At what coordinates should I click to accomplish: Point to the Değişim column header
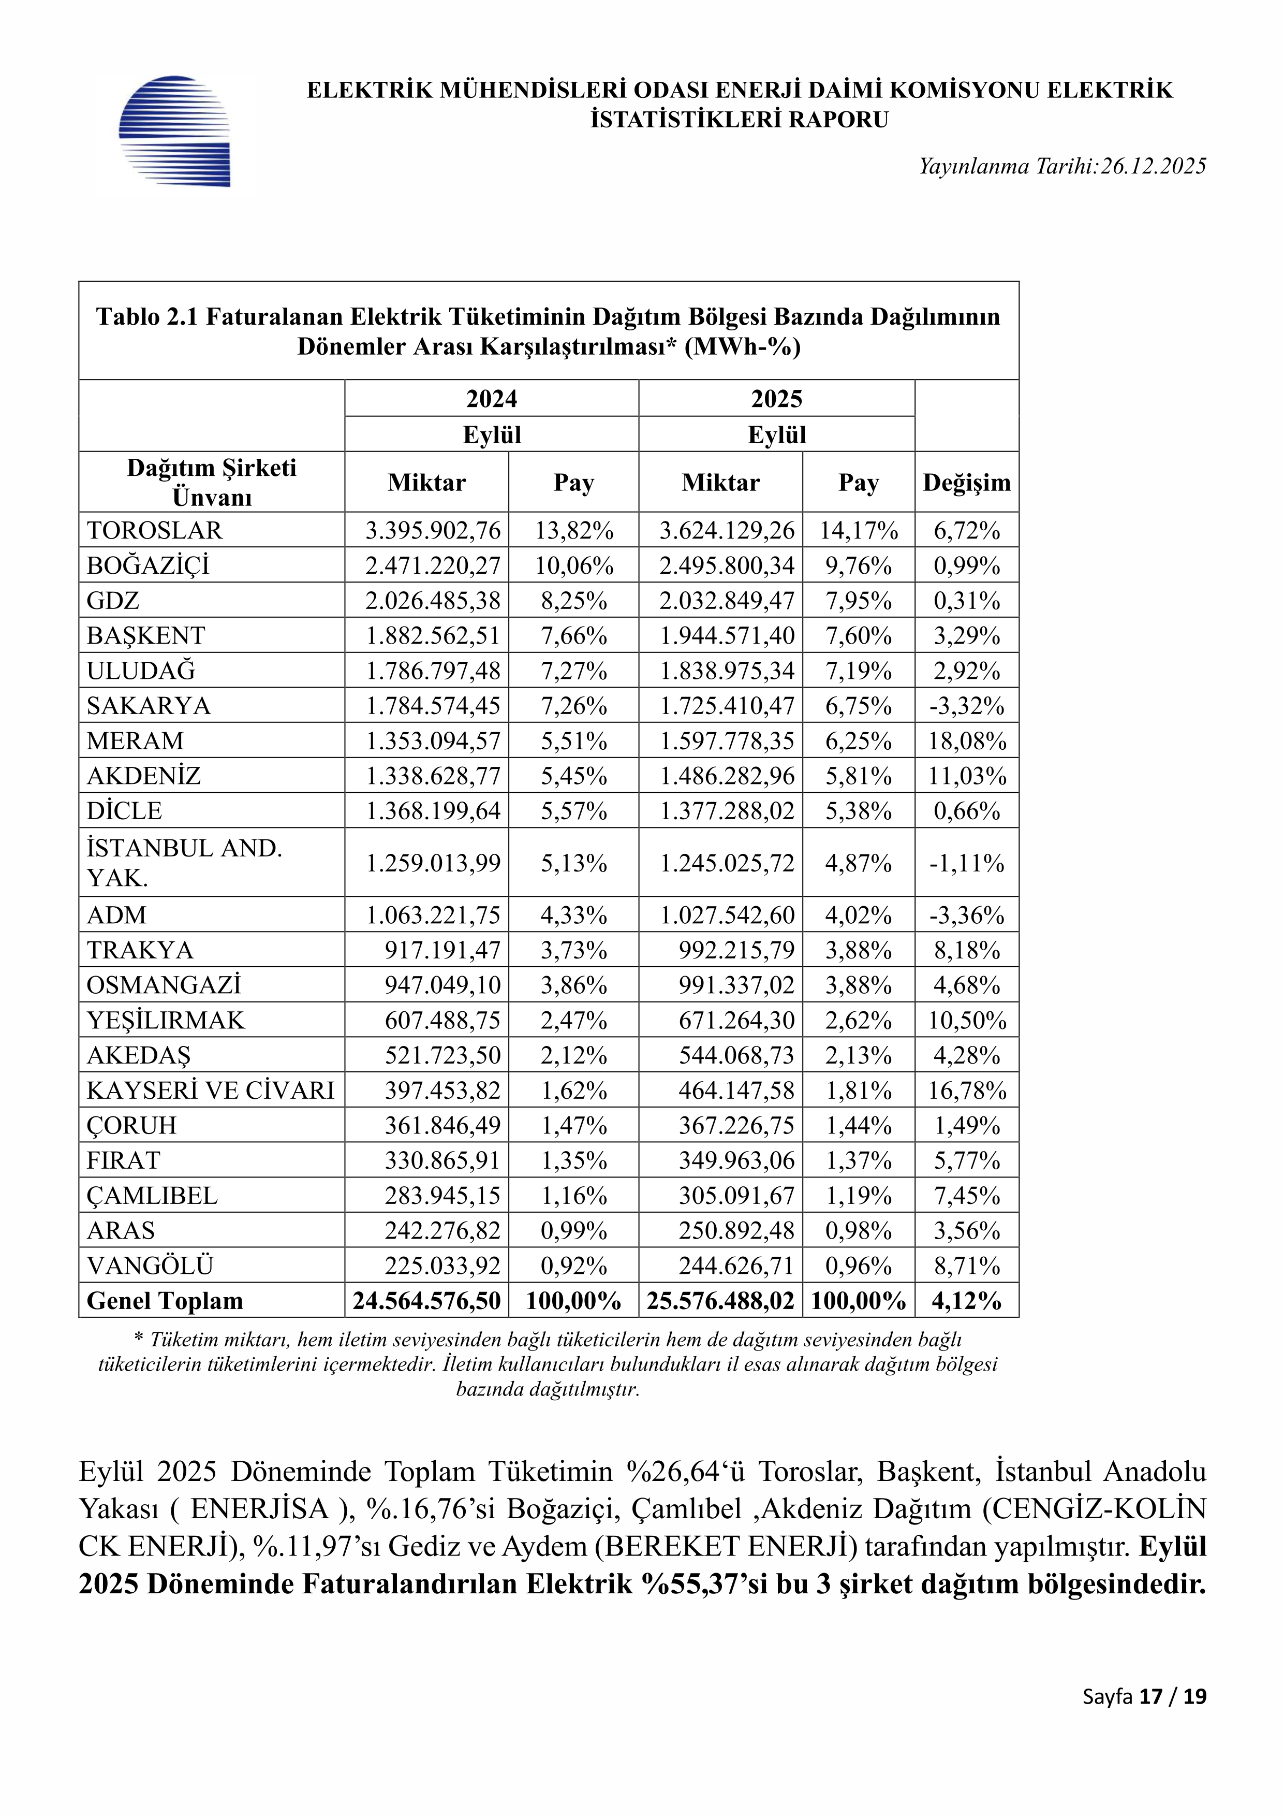pos(967,483)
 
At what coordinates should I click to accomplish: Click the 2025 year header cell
pos(776,398)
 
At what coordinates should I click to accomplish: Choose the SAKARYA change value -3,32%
pos(967,706)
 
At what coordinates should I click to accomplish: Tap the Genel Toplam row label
pos(165,1301)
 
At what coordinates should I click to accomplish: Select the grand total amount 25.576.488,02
pos(720,1301)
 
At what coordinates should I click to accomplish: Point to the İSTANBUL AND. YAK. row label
pos(184,863)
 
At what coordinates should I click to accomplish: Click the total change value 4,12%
pos(967,1301)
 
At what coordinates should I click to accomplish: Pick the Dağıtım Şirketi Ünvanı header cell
pos(211,482)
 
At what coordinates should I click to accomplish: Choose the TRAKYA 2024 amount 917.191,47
pos(442,951)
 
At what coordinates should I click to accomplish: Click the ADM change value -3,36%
pos(967,915)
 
